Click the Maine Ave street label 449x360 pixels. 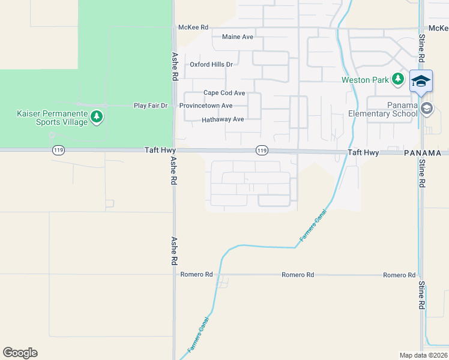[238, 37]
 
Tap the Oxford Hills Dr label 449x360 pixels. [211, 64]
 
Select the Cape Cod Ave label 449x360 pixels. [224, 93]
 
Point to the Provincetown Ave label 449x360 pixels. [206, 106]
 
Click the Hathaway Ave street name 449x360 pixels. [223, 119]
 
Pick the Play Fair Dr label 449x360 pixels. [151, 106]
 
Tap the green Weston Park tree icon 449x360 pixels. [397, 79]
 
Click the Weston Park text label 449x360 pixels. [366, 80]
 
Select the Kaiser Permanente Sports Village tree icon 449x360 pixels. [96, 117]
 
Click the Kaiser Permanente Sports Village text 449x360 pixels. [52, 118]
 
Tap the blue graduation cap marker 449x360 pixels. [421, 82]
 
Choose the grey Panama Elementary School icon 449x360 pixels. [427, 109]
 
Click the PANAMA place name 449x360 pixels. [426, 154]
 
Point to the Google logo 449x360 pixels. [20, 353]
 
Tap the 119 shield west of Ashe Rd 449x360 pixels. [58, 151]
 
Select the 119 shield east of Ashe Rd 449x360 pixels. [261, 150]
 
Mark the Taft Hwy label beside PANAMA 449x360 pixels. [364, 153]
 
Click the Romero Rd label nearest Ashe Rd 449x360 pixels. [197, 275]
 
